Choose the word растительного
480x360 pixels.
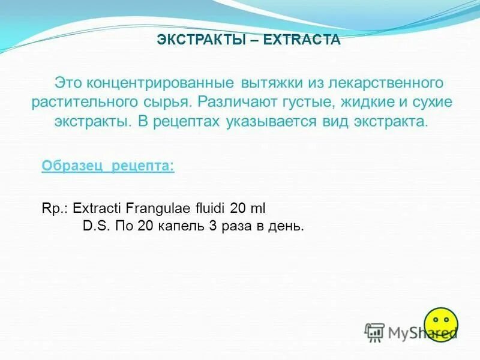pos(86,101)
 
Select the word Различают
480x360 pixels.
pos(237,101)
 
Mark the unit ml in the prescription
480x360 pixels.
pos(257,208)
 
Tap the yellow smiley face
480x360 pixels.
pos(441,325)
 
